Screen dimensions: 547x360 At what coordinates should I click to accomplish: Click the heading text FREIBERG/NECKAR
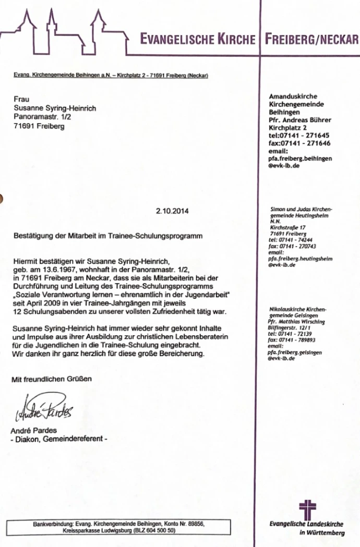pos(311,40)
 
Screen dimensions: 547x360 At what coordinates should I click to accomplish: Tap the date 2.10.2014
pos(172,211)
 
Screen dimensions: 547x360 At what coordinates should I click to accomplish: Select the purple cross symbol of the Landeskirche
pos(307,508)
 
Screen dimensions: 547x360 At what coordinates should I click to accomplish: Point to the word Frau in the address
pos(21,99)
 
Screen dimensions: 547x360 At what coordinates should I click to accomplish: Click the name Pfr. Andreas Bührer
pos(299,120)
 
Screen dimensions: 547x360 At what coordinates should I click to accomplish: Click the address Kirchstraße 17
pos(287,228)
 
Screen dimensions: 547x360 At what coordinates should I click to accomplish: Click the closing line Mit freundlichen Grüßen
pos(52,379)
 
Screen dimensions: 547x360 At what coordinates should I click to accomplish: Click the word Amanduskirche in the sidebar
pos(293,96)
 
